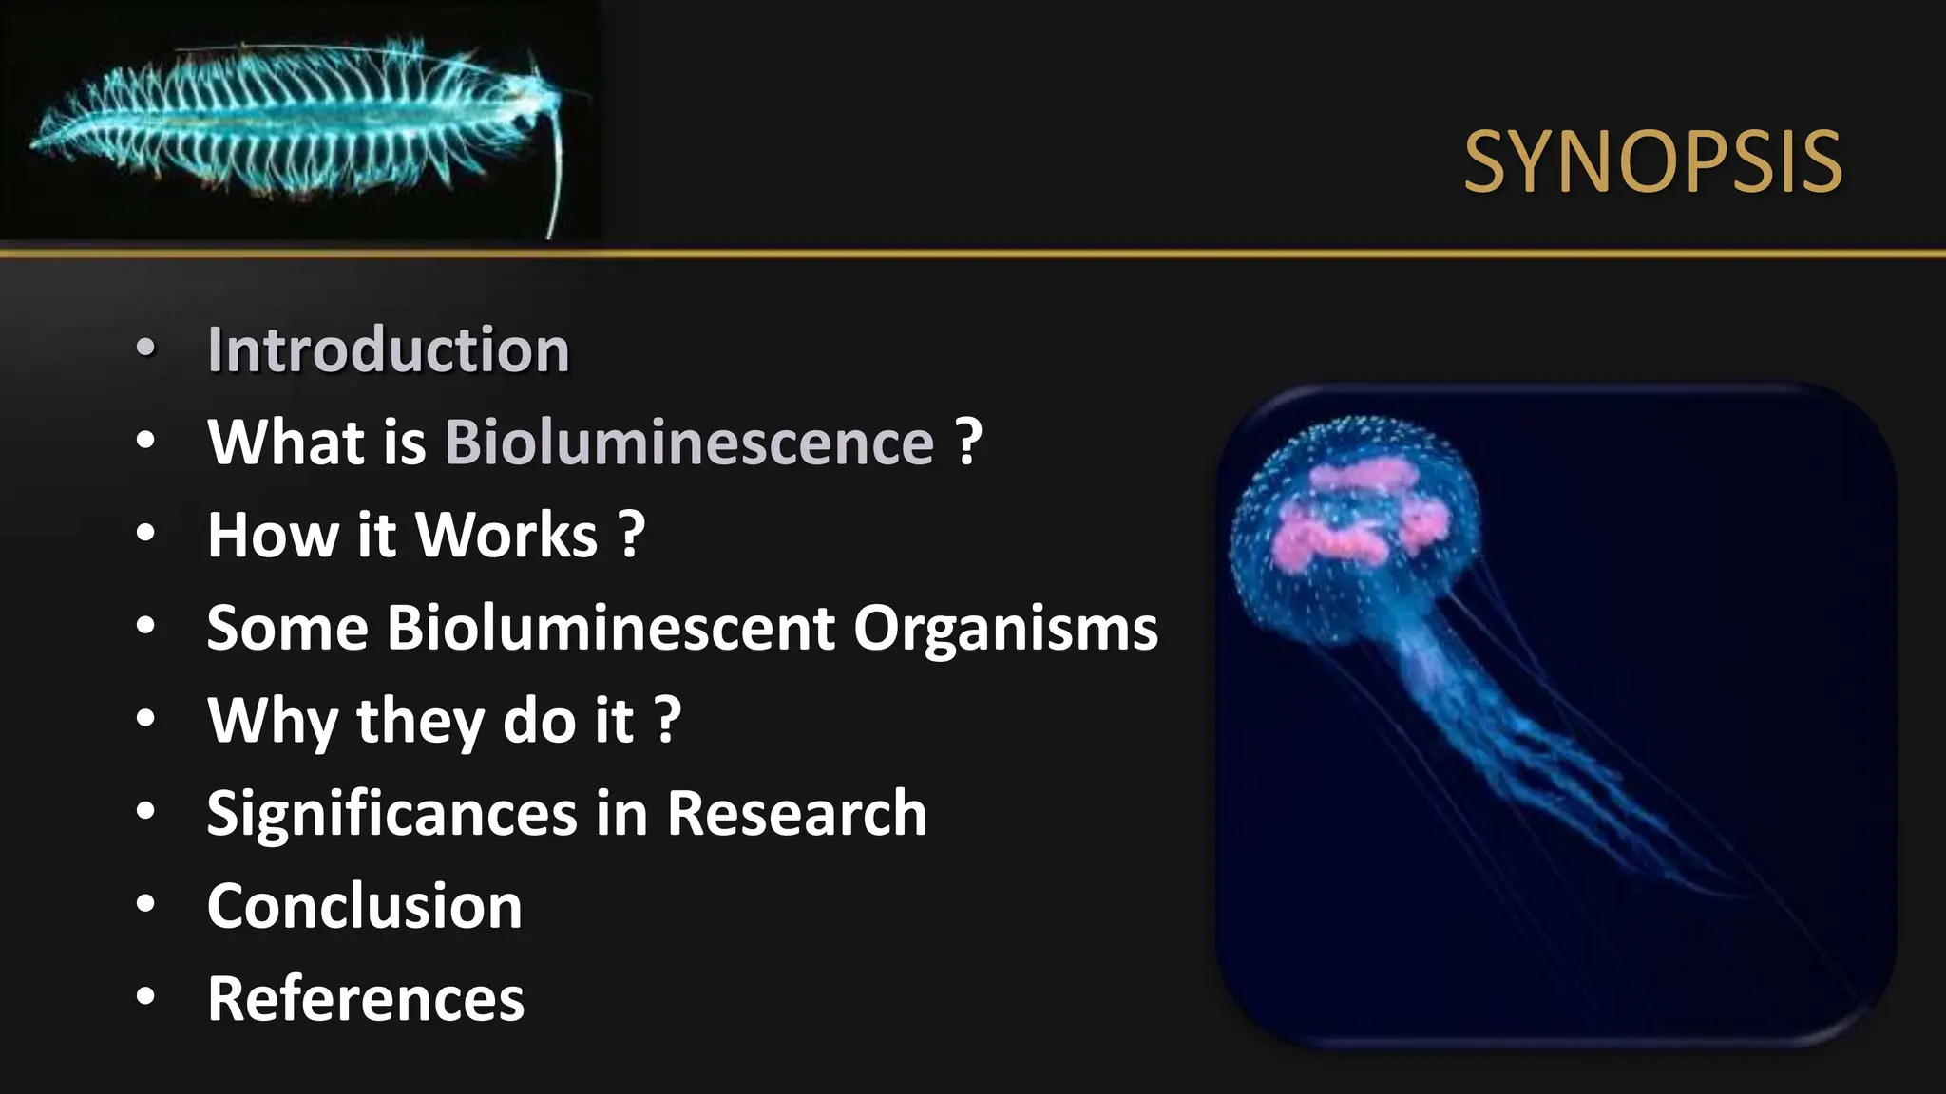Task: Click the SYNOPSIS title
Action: click(1652, 162)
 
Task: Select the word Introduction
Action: click(389, 349)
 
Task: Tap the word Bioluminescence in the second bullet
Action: click(690, 443)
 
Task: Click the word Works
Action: click(507, 535)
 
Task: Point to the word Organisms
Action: click(1005, 628)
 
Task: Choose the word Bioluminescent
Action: click(611, 628)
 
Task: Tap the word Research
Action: click(796, 813)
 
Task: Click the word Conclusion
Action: click(365, 906)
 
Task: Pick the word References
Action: click(366, 998)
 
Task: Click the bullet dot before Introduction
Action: click(145, 349)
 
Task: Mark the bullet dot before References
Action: click(145, 997)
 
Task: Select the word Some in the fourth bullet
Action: click(287, 628)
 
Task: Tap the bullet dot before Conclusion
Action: click(145, 904)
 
